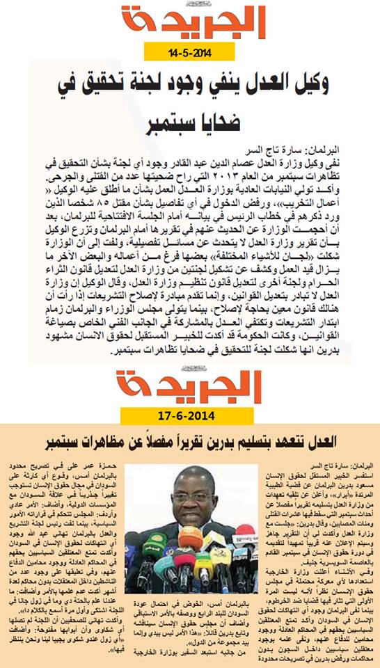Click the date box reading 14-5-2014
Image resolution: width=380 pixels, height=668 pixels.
[190, 52]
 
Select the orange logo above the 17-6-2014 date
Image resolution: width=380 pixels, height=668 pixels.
[189, 387]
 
